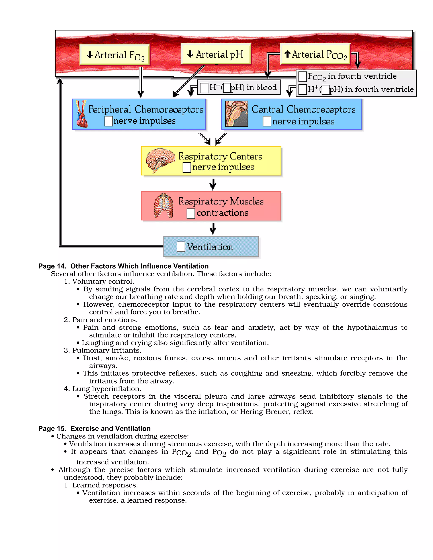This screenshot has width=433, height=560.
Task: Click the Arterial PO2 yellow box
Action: coord(114,55)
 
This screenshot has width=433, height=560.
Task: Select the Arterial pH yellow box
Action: coord(215,54)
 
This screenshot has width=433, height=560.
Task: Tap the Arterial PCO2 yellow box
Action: coord(315,54)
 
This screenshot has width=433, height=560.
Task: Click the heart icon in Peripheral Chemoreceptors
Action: coord(82,114)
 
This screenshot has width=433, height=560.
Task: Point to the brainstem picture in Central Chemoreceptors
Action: coord(236,114)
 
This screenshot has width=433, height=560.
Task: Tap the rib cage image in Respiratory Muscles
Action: coord(164,206)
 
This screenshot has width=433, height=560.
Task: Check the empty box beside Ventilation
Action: coord(181,247)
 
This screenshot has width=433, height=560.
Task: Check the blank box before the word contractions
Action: coord(190,214)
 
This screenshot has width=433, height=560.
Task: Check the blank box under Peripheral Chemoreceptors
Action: coord(109,121)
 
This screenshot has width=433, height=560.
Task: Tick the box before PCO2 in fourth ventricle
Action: coord(303,77)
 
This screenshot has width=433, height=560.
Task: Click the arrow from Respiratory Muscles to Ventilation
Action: coord(213,228)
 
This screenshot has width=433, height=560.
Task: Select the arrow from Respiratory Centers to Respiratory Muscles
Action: coord(213,184)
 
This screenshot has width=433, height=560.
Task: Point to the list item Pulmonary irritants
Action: coord(107,350)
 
